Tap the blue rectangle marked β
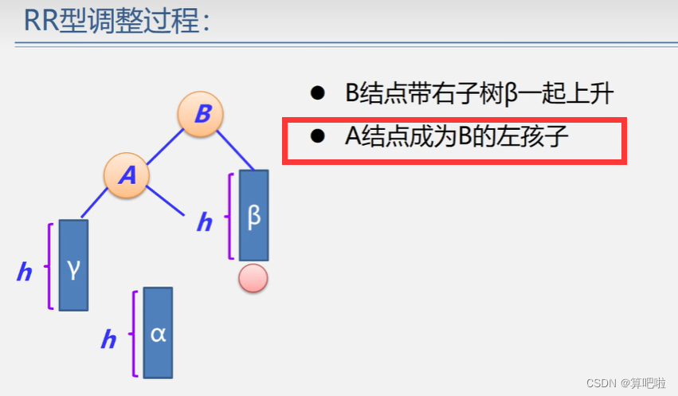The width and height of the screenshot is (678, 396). click(x=254, y=215)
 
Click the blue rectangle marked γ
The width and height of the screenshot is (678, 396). click(x=73, y=265)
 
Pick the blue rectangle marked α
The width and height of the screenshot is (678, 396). click(x=158, y=333)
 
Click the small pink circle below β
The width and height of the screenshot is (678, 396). click(x=253, y=279)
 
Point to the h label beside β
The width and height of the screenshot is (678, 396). click(x=205, y=223)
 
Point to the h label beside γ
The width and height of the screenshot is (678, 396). click(x=25, y=272)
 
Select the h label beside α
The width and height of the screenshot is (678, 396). click(x=108, y=340)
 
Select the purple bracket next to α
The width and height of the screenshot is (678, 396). click(x=135, y=333)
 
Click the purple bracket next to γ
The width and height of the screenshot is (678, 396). click(x=50, y=266)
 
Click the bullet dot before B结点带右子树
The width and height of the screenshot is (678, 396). click(x=318, y=93)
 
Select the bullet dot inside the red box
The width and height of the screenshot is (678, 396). click(x=318, y=136)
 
